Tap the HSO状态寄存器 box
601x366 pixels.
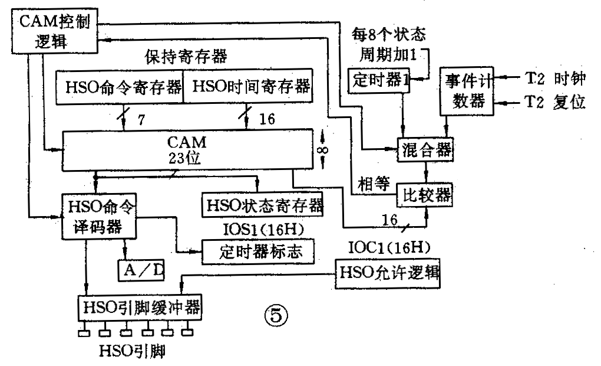tap(262, 204)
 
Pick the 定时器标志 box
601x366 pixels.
tap(257, 251)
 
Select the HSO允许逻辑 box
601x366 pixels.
tap(387, 273)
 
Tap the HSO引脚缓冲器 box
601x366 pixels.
tap(140, 307)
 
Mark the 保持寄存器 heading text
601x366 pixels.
tap(186, 57)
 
